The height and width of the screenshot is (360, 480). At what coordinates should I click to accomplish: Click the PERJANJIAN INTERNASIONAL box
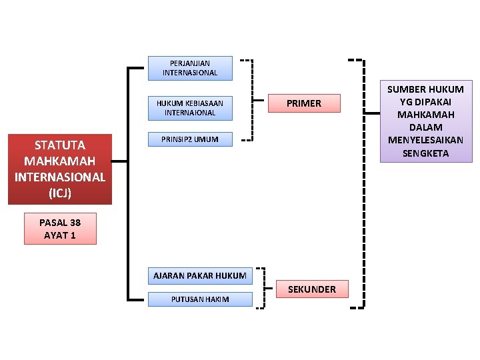click(190, 68)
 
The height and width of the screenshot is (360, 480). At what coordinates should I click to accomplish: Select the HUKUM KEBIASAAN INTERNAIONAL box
click(190, 108)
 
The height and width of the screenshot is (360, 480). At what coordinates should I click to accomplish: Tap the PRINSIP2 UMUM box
click(190, 139)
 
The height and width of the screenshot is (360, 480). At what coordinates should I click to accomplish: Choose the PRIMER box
click(304, 103)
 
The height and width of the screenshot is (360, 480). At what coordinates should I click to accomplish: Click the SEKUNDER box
click(312, 289)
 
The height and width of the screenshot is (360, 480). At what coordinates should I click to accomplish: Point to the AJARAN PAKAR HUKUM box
click(200, 275)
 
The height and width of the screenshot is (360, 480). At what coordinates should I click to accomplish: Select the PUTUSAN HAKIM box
click(200, 299)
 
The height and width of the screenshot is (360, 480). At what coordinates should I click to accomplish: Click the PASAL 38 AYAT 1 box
click(60, 229)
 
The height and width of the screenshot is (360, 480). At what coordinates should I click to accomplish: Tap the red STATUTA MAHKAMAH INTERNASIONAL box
click(60, 169)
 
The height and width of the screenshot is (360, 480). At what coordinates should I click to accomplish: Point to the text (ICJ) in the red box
click(60, 193)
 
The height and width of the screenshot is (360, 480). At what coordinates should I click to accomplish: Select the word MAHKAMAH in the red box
click(60, 161)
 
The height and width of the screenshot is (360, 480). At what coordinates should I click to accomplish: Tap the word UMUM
click(207, 139)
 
